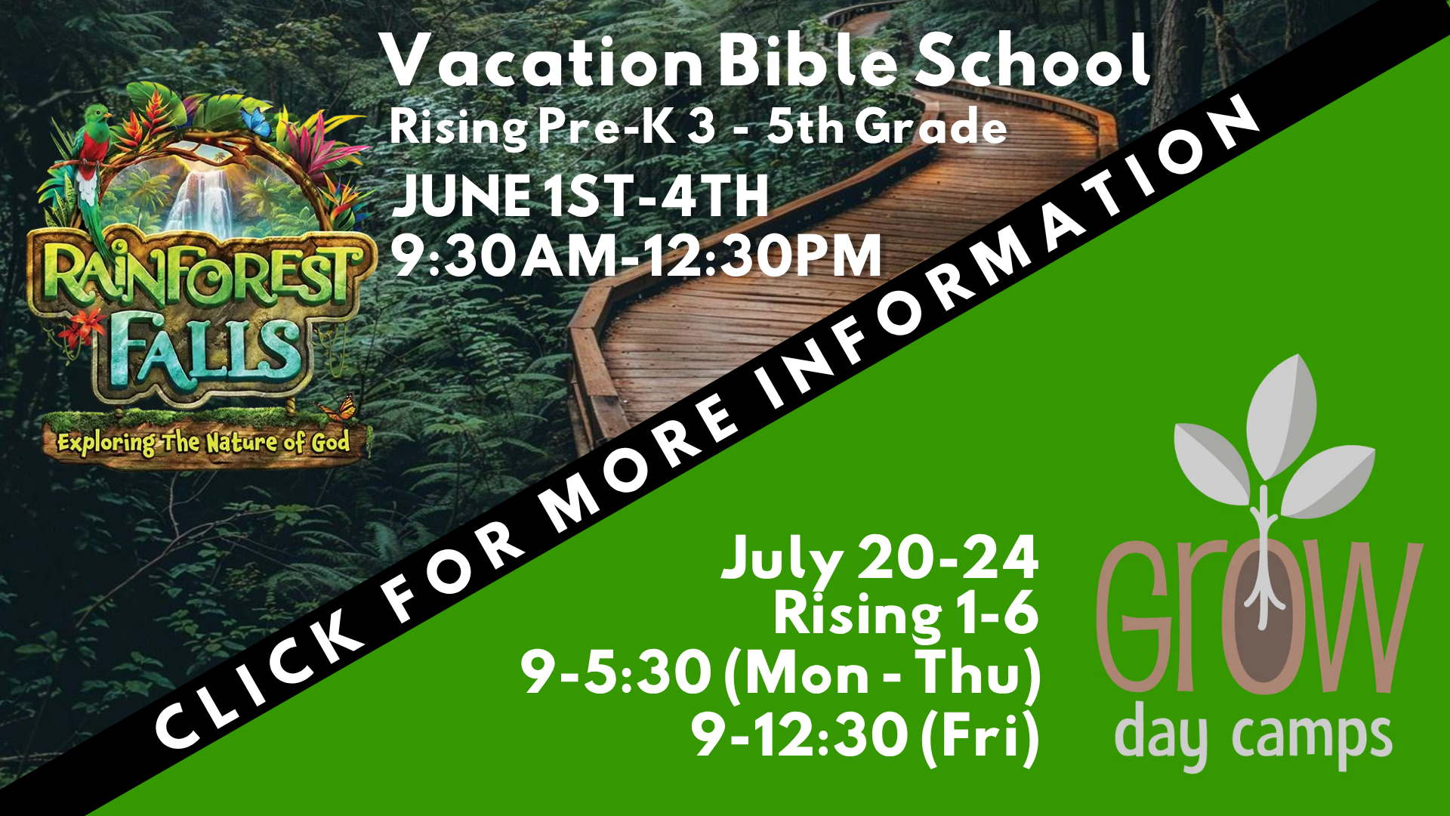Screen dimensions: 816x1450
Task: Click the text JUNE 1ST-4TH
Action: tap(579, 196)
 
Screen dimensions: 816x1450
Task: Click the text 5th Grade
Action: tap(887, 126)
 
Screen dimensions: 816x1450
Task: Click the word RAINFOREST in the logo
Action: tap(200, 276)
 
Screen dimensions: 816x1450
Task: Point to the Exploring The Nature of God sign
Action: tap(204, 442)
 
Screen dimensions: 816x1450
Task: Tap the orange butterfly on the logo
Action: tap(338, 409)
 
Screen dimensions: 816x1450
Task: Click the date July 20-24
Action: tap(880, 559)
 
